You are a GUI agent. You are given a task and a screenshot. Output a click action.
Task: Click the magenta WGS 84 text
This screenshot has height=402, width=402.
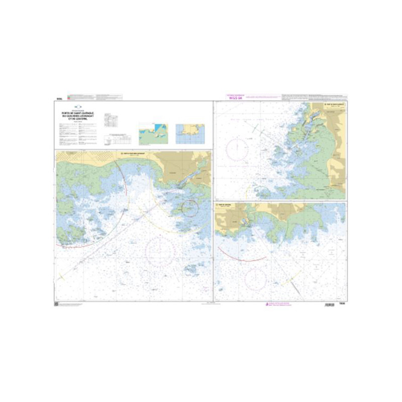(x=236, y=98)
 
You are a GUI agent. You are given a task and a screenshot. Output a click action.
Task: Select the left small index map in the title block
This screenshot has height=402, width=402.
(x=154, y=133)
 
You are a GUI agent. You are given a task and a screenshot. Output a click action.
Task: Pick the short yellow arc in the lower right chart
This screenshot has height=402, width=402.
(x=291, y=278)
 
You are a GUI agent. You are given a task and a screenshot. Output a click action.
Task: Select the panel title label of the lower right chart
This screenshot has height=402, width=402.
(x=225, y=206)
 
